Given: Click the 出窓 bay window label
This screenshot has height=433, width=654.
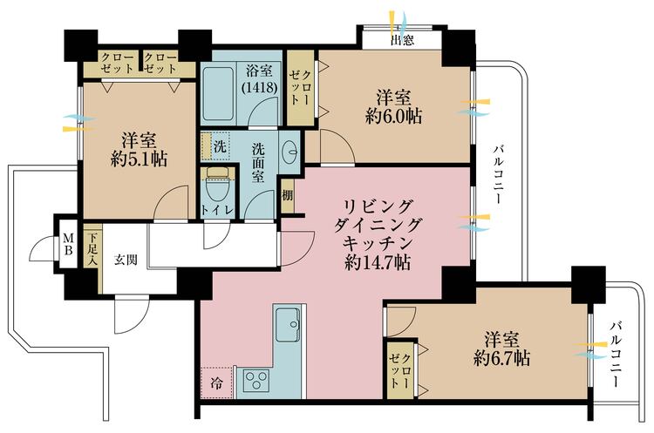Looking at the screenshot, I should (402, 39).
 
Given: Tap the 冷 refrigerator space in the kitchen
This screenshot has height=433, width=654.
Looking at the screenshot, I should (215, 381).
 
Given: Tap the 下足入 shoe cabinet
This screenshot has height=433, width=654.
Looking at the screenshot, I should (93, 248).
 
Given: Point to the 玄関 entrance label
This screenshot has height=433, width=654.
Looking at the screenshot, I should (127, 259).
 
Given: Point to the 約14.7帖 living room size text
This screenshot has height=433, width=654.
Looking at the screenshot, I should (378, 261).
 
